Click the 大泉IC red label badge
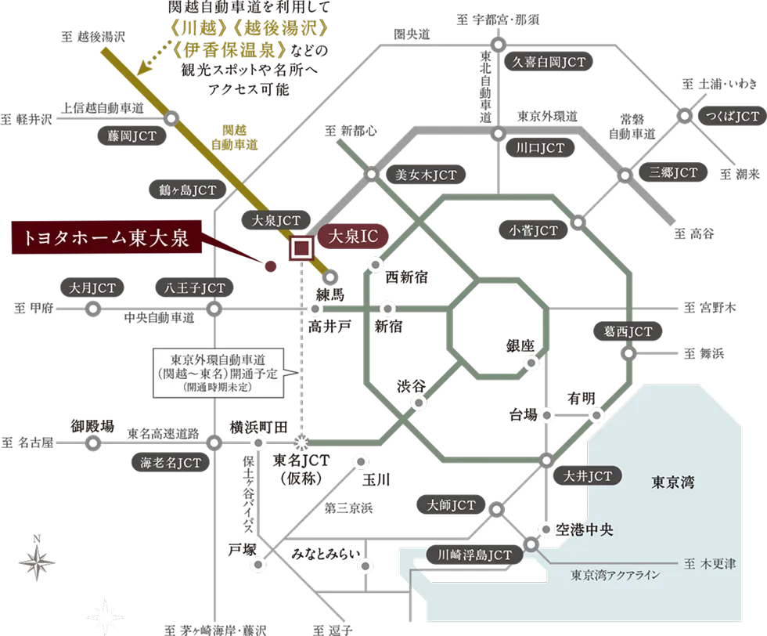353,237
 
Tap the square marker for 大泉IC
301,248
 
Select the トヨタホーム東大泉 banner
106,237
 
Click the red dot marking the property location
270,266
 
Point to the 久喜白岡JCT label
549,62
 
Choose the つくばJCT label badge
733,117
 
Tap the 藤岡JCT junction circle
171,118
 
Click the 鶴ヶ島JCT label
188,190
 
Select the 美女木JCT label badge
426,175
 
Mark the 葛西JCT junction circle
628,353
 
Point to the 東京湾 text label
672,482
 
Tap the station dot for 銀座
531,363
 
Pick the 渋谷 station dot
419,403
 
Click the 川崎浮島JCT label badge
474,555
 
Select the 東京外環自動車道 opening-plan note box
218,373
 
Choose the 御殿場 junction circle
92,443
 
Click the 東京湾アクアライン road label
615,575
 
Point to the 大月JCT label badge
92,288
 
